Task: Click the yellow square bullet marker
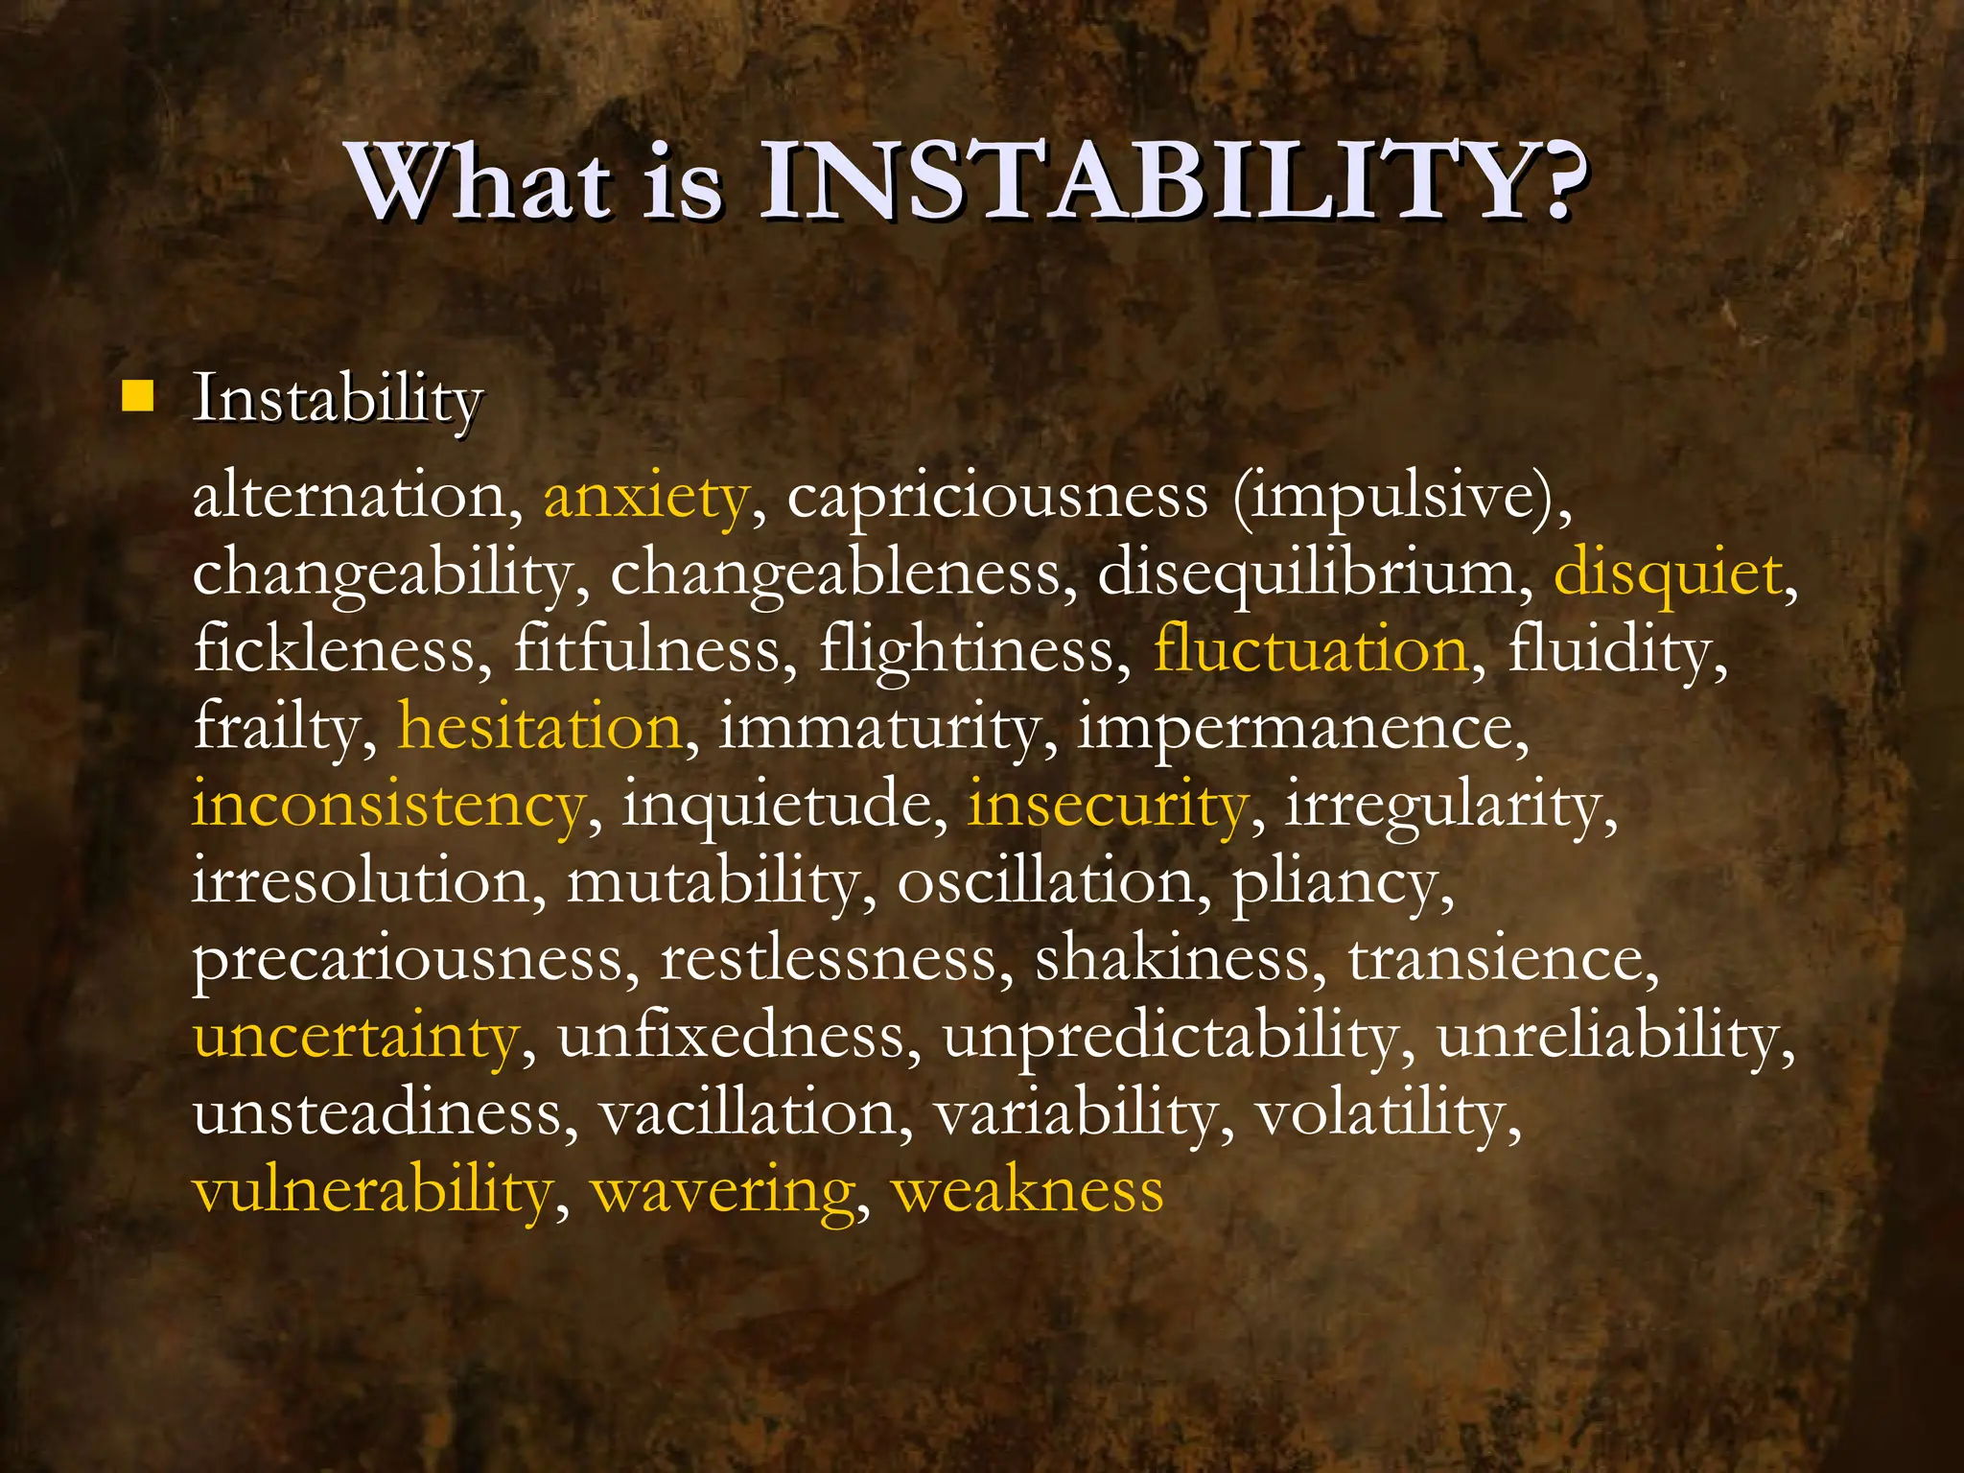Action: (x=138, y=396)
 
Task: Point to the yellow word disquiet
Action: (x=1668, y=573)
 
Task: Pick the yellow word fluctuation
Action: (x=1310, y=649)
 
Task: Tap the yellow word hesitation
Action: (x=540, y=726)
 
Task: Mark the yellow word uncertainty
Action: (x=356, y=1036)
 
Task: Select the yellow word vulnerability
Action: (x=373, y=1190)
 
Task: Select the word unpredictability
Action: (x=1171, y=1036)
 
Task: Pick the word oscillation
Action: (x=1045, y=880)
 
